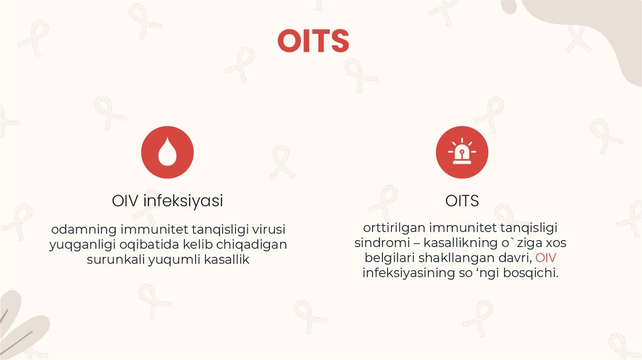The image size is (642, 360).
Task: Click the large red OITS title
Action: [x=313, y=41]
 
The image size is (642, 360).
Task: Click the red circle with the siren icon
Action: [x=462, y=152]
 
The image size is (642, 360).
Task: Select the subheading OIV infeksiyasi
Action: [x=167, y=201]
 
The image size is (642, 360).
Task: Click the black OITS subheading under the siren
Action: [x=462, y=201]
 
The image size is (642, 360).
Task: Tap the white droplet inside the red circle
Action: [x=167, y=154]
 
